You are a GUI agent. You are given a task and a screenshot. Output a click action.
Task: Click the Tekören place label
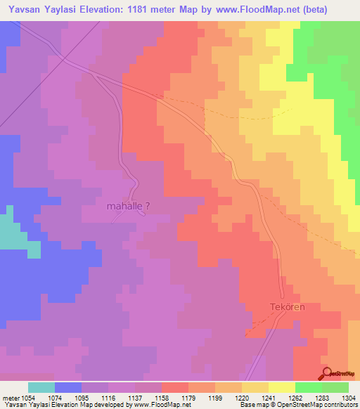click(286, 307)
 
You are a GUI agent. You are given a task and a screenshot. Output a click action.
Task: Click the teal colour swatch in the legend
click(41, 387)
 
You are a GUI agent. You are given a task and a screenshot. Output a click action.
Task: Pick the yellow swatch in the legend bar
click(282, 387)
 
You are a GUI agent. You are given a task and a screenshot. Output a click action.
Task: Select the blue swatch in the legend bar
click(68, 387)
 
